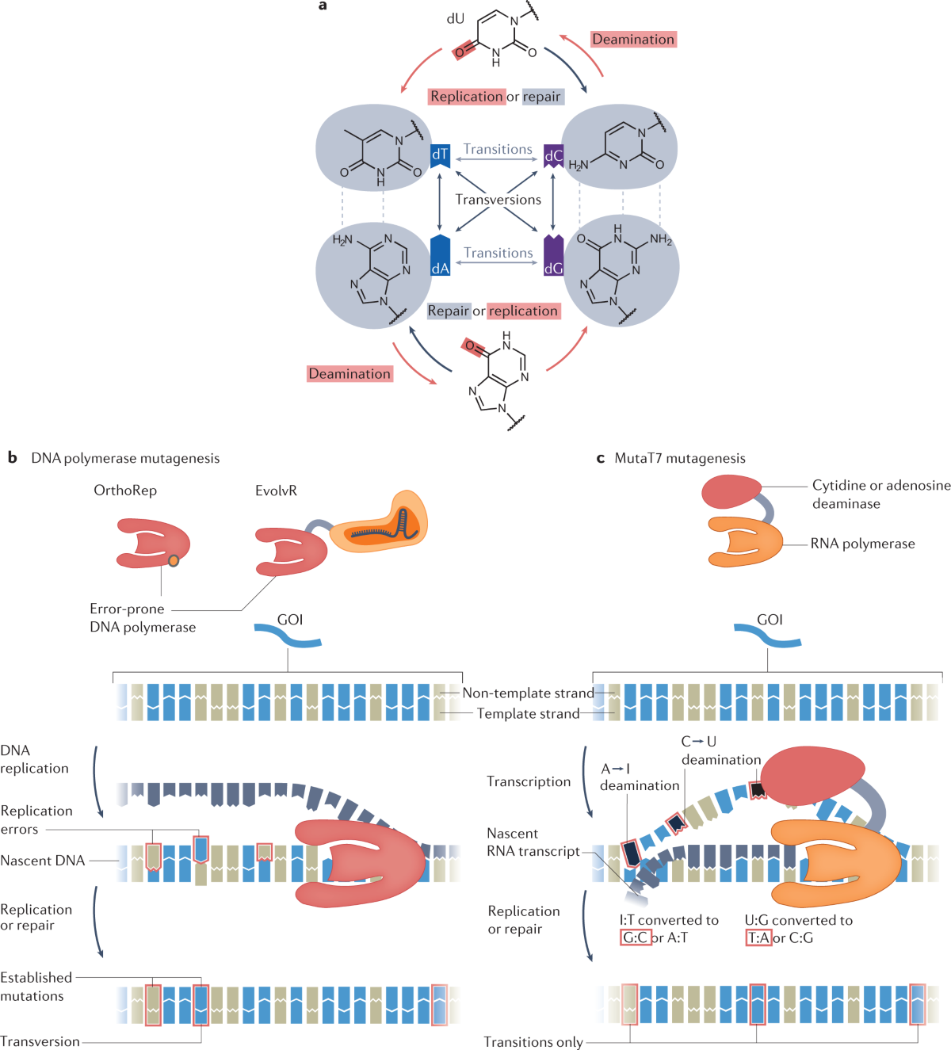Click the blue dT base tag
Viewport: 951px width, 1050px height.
[x=440, y=156]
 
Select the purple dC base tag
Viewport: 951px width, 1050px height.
[x=553, y=156]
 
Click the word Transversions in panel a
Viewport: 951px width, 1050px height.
[x=498, y=200]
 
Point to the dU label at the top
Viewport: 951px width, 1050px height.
[x=455, y=19]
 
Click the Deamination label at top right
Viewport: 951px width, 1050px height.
[x=633, y=40]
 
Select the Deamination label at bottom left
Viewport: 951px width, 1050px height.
[x=349, y=374]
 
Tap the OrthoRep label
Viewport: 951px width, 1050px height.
[x=125, y=491]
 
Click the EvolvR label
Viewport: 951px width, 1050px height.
[x=276, y=491]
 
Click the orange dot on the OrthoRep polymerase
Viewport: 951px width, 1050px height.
[x=174, y=561]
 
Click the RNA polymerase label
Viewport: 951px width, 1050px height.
[x=862, y=544]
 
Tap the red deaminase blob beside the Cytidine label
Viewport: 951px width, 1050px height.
[x=731, y=492]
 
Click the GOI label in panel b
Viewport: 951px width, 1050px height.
[x=290, y=620]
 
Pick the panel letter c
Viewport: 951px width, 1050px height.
[x=601, y=459]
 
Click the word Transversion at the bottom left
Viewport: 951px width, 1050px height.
[x=40, y=1041]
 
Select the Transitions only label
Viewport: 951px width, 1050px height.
[x=533, y=1041]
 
